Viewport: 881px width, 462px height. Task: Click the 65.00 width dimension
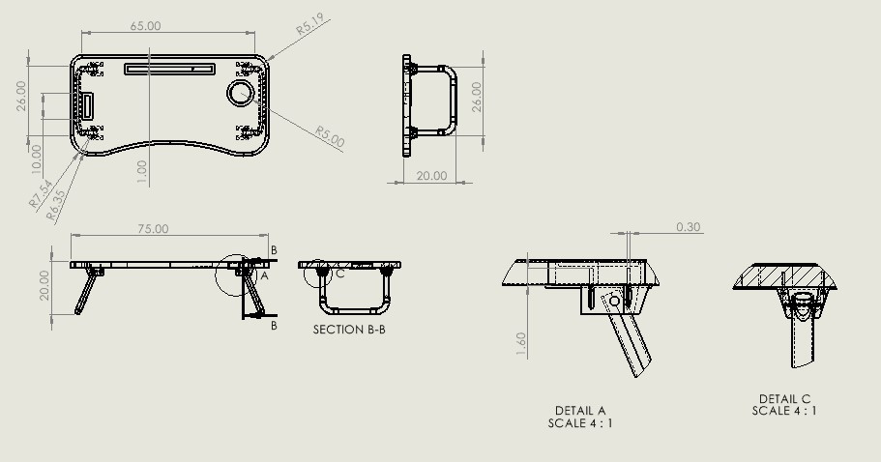145,26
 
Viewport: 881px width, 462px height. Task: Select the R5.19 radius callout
309,24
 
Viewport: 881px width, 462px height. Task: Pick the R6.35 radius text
57,205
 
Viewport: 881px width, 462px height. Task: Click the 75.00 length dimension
153,229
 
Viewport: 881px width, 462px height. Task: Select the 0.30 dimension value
689,227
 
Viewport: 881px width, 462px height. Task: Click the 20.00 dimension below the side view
431,176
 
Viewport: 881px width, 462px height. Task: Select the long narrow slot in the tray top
169,69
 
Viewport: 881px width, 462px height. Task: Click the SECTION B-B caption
351,330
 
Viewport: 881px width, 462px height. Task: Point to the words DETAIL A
580,411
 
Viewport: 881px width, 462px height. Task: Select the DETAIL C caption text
784,399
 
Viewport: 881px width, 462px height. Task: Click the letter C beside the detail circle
340,274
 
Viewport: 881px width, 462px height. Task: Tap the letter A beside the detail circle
264,275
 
